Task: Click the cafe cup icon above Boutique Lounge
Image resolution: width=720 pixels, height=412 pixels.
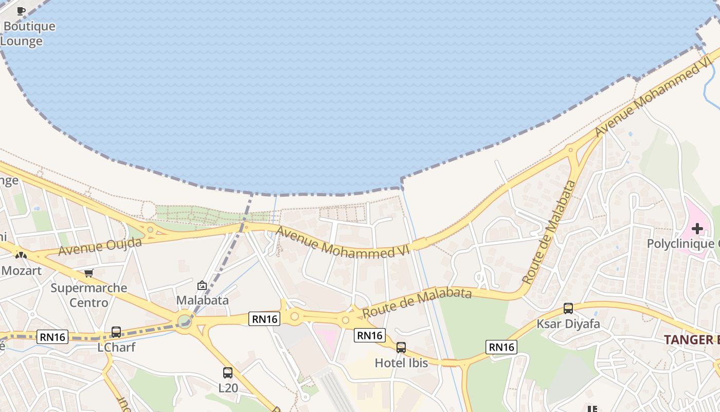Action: pos(21,11)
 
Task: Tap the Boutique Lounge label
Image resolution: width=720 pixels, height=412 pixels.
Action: pos(28,33)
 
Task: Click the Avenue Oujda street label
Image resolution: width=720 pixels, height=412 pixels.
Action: pos(100,246)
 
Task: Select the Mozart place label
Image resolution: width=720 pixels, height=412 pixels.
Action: pos(21,270)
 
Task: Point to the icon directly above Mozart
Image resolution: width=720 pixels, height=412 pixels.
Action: pos(21,254)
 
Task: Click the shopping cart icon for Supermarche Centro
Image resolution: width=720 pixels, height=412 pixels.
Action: pos(89,273)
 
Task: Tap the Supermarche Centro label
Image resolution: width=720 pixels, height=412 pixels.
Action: pos(89,295)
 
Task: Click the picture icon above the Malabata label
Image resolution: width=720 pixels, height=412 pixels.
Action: pos(202,285)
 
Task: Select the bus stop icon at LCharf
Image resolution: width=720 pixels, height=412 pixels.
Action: pos(116,332)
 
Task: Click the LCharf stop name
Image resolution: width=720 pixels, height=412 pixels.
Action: pos(116,347)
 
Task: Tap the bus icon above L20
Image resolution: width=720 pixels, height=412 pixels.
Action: pos(228,372)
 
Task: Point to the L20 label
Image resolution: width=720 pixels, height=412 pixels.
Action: pos(228,387)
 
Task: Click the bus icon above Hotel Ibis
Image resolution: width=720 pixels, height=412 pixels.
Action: pos(401,348)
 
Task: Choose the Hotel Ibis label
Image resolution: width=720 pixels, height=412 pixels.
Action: pos(401,363)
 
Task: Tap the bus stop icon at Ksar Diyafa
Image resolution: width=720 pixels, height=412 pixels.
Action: pos(568,308)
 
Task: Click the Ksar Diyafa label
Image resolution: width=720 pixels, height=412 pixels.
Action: pos(568,324)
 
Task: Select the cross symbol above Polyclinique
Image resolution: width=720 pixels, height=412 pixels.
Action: pos(697,229)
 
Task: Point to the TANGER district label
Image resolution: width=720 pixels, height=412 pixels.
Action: pos(691,339)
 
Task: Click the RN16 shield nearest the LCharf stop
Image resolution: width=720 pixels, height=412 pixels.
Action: pos(53,337)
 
